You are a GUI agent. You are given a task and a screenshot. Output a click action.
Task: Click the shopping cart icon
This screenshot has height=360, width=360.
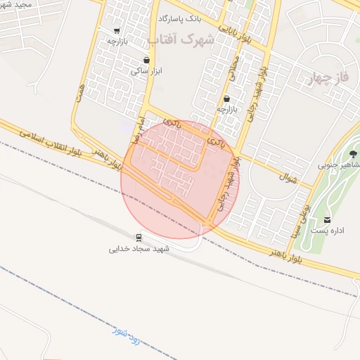pyautogui.click(x=116, y=31)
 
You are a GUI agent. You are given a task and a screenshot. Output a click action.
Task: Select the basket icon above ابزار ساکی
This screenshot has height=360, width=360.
pyautogui.click(x=146, y=60)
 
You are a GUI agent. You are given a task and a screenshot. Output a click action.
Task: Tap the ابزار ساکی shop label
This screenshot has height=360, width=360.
pyautogui.click(x=146, y=71)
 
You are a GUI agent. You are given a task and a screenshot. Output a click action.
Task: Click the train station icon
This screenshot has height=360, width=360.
pyautogui.click(x=139, y=237)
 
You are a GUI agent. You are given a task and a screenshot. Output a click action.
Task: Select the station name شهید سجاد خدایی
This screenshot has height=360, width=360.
pyautogui.click(x=140, y=248)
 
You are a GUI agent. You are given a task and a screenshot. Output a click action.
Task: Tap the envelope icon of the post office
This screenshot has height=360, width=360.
pyautogui.click(x=327, y=220)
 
